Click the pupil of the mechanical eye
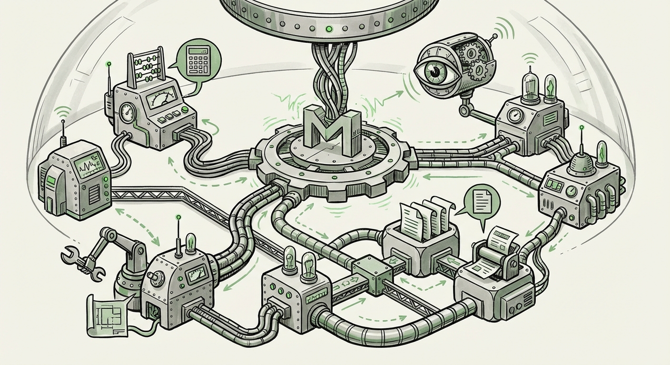coord(434,71)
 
